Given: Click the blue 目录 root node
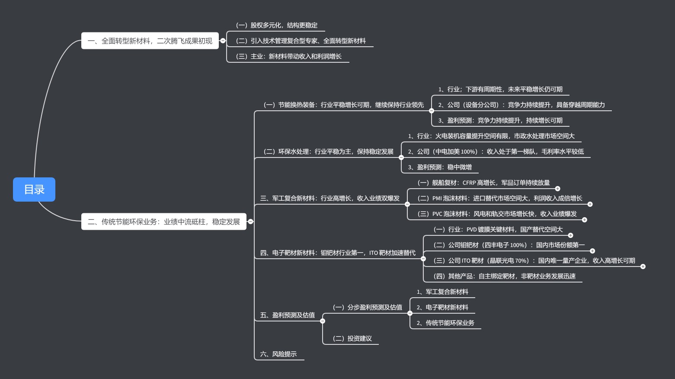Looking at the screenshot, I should (x=34, y=189).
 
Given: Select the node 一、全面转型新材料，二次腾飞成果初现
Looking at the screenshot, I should (x=150, y=41).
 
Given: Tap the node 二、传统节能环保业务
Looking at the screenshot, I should (x=163, y=222).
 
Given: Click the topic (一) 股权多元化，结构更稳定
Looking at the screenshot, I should (x=277, y=26).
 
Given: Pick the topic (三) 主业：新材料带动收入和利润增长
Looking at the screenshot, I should (x=288, y=57).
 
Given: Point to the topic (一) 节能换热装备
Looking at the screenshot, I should (x=343, y=105).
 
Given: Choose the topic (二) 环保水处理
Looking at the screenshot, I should (x=328, y=152).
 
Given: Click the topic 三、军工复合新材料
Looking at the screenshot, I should (x=330, y=199).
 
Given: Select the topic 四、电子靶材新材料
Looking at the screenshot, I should (x=338, y=253).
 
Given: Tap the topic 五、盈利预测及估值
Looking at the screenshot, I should (x=288, y=315).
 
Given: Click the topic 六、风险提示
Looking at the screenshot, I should (x=278, y=354).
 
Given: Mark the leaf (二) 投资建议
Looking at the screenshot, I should (x=352, y=339).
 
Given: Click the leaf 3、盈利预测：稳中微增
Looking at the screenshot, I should (x=440, y=167).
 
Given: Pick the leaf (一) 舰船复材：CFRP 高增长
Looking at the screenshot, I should (x=483, y=183).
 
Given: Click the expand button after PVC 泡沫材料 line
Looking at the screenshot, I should (x=585, y=220).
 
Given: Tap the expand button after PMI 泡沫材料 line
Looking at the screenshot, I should (x=590, y=204).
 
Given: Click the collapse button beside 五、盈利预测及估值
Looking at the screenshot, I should (x=323, y=321).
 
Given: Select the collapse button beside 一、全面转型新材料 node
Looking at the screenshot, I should (x=223, y=41).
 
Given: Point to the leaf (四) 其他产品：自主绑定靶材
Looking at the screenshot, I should (x=504, y=276).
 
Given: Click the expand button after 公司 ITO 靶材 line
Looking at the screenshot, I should (x=643, y=267).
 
